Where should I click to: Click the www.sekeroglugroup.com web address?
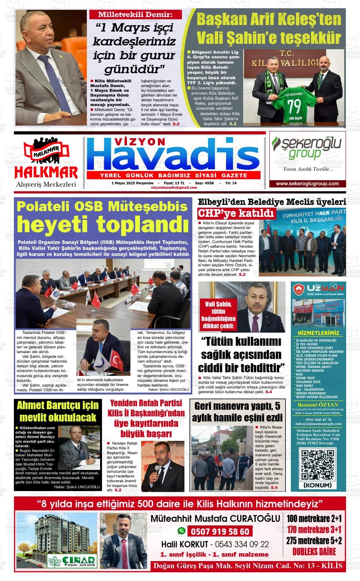pos(307,184)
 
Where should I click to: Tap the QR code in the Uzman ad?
pos(317,464)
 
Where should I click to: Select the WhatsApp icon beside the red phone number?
pos(181,531)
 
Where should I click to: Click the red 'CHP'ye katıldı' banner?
pos(236,214)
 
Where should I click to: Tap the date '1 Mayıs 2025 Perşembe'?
pos(132,183)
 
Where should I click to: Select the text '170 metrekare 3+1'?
pos(314,529)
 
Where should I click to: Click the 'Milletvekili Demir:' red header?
pos(135,15)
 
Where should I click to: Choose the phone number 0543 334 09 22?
pos(242,544)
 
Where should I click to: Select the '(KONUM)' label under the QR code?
pos(317,485)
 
